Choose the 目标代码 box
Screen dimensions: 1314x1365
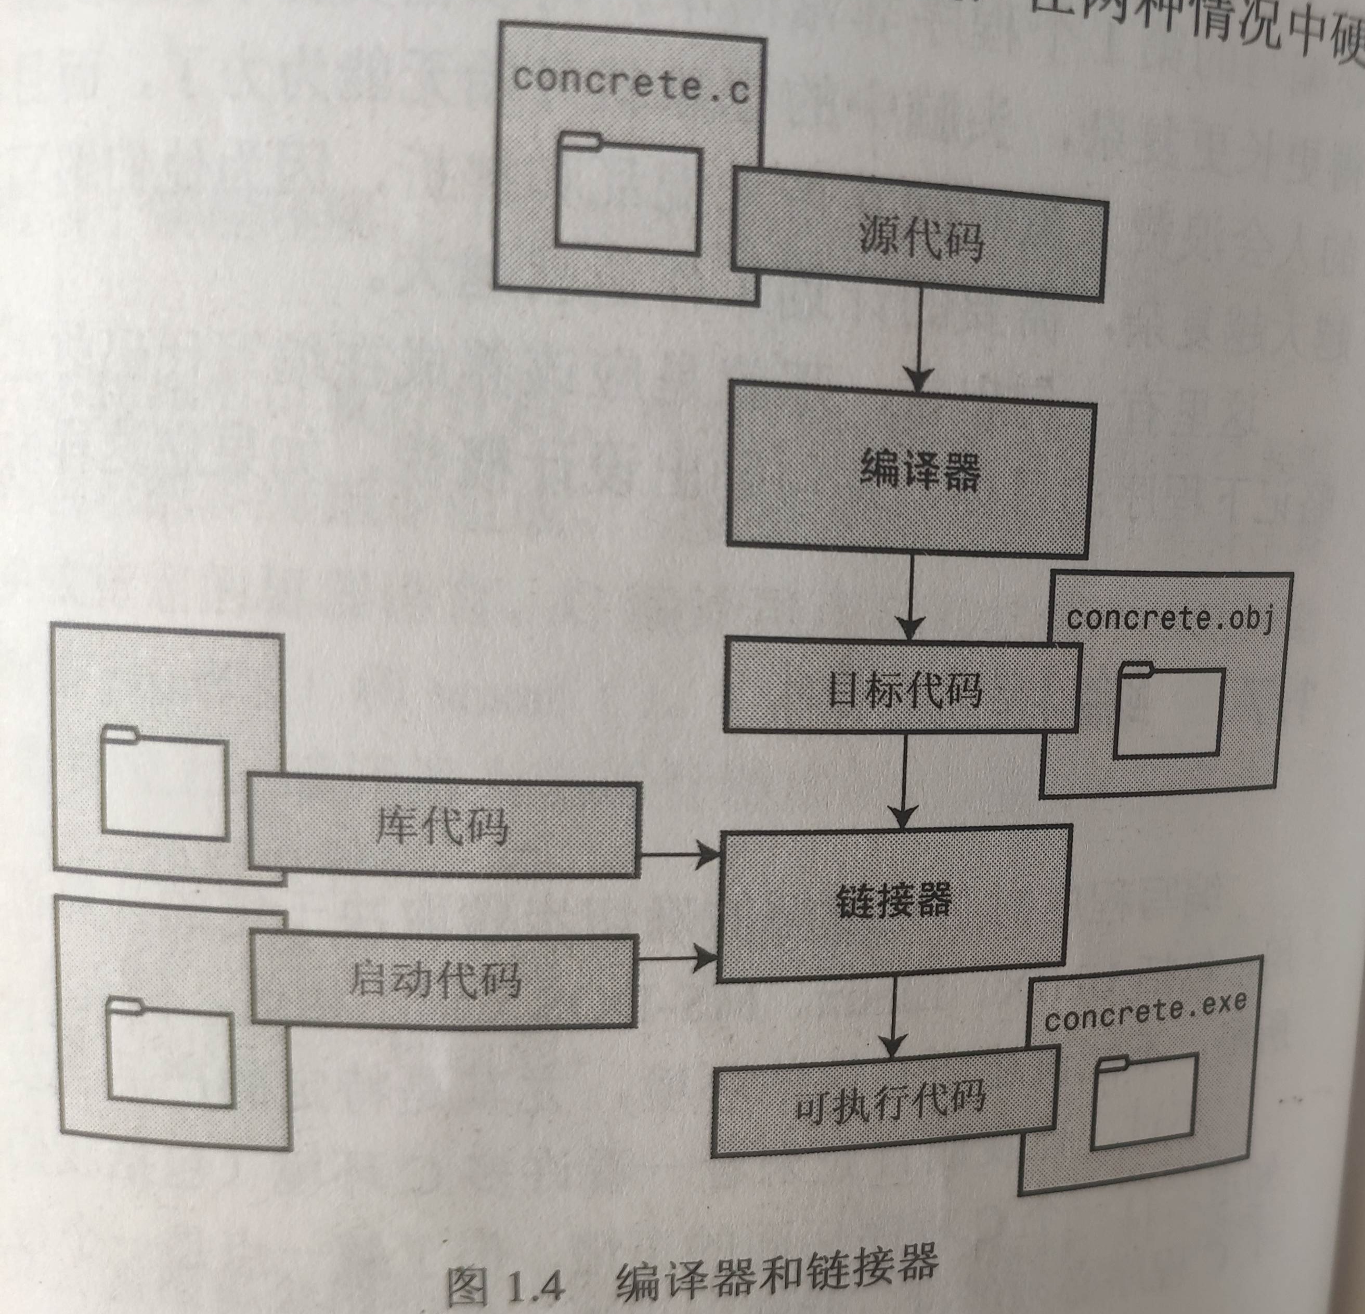click(902, 689)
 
